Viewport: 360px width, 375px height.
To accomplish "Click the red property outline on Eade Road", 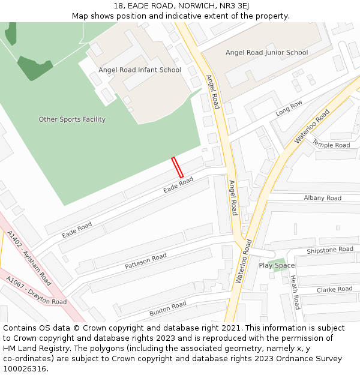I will pos(178,167).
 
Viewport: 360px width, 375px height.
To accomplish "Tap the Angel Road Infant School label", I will pos(140,70).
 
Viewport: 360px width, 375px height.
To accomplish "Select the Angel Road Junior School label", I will pos(266,53).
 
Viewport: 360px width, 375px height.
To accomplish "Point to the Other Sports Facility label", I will pos(72,119).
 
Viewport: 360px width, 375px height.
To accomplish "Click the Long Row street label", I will pos(289,108).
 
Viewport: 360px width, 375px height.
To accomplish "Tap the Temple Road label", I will pos(331,145).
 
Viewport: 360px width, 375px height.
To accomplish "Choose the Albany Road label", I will pos(322,198).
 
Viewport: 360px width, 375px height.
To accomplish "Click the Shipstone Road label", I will pos(330,250).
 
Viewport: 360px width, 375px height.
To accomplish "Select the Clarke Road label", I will pos(334,289).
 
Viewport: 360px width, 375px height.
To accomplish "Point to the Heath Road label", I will pos(294,292).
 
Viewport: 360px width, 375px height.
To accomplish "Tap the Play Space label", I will pos(277,265).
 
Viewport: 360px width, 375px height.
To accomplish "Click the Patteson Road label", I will pos(146,261).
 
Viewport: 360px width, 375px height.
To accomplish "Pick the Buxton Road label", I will pos(168,309).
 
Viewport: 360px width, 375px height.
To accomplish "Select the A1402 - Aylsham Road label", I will pos(29,258).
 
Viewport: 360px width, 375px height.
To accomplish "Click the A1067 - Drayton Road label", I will pos(36,290).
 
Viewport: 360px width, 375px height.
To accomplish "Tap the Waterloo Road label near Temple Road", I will pos(312,126).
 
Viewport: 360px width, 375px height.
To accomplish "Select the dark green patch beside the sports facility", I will pos(34,67).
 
